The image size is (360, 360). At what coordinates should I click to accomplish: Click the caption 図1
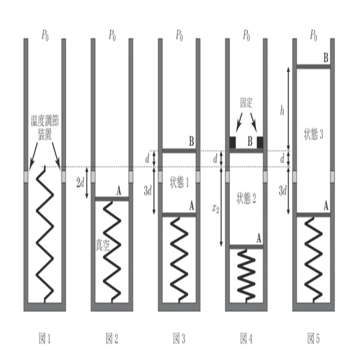pos(45,339)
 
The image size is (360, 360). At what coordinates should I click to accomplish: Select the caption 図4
pos(246,339)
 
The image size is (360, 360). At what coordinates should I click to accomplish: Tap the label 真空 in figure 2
pos(103,245)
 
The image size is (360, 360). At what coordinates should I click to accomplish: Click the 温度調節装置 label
pos(45,128)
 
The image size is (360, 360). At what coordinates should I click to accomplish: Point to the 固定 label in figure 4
pos(246,103)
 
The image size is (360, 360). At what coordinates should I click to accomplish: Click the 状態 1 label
pos(179,183)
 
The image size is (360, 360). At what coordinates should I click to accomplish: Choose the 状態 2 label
pos(246,198)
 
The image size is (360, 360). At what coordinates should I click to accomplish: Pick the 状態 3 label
pos(313,134)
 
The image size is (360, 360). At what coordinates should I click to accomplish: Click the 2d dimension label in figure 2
pos(81,183)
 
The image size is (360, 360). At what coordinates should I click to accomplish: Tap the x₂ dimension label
pos(215,208)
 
